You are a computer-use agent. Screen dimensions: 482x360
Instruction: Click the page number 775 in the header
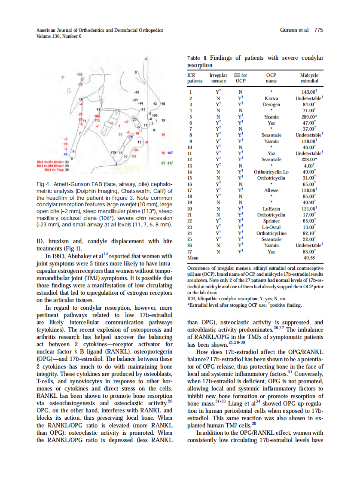[318, 30]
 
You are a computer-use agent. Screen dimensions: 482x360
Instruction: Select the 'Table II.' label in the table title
[198, 58]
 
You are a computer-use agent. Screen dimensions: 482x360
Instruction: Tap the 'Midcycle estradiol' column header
[309, 78]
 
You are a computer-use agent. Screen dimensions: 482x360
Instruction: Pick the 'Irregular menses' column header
[218, 78]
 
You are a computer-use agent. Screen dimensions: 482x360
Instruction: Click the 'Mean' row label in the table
[194, 258]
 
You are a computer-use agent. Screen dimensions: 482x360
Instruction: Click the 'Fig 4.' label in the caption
[43, 185]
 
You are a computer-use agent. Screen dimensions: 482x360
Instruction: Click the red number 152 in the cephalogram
[79, 75]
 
